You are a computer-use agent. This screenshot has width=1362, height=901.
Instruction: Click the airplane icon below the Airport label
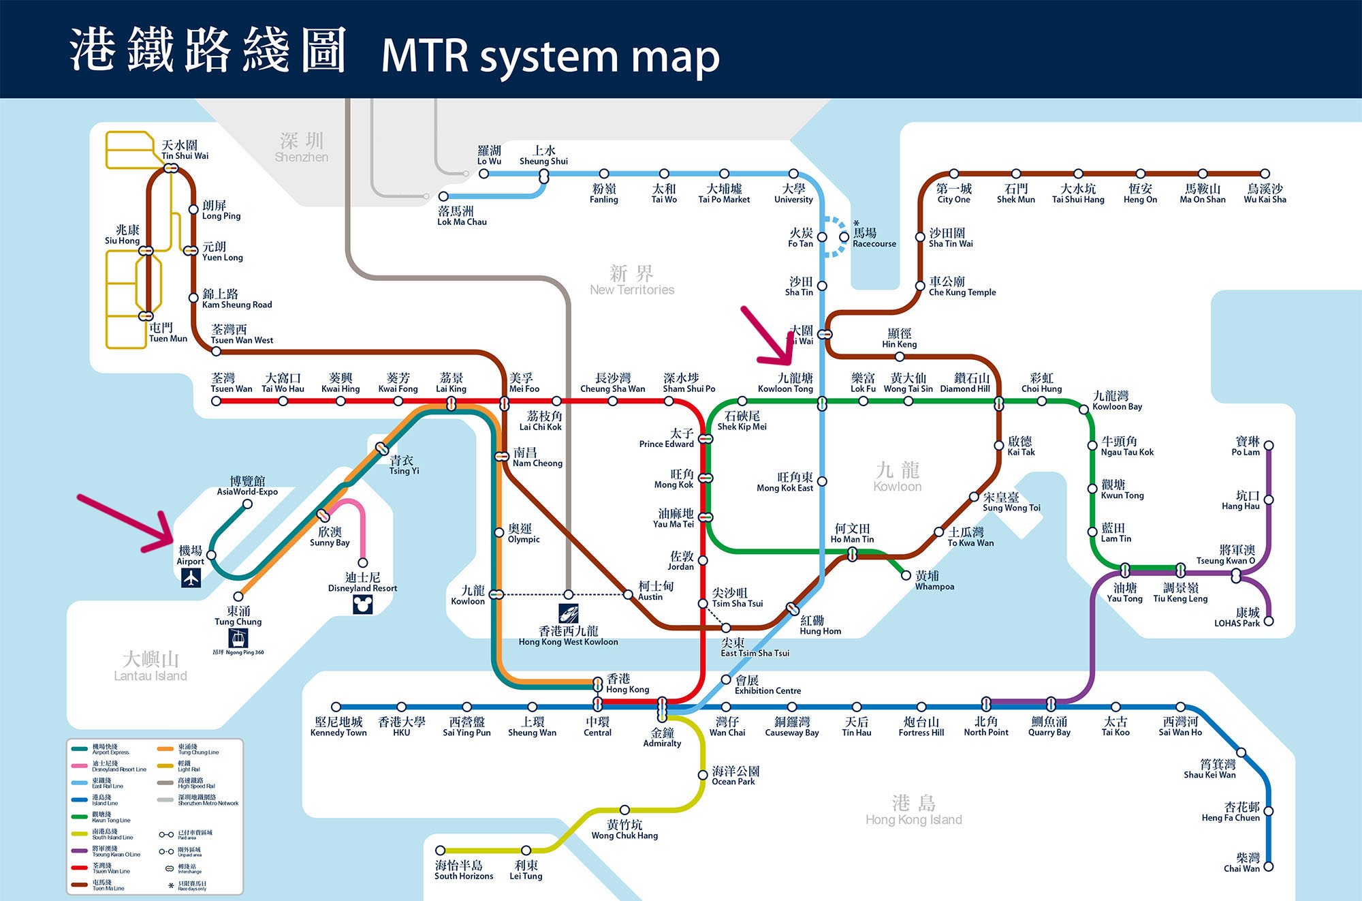pos(191,578)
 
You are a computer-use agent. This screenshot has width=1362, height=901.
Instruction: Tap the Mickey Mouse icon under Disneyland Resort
pos(362,605)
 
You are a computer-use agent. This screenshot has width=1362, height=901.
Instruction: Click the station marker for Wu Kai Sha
pos(1265,174)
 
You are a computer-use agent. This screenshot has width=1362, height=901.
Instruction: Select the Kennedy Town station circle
pos(336,707)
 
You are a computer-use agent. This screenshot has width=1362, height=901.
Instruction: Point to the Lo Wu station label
pos(489,156)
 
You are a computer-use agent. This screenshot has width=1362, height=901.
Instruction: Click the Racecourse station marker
pos(844,236)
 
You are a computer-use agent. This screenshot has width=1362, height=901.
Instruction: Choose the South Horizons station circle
pos(441,850)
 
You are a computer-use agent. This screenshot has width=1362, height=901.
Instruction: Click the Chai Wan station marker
pos(1268,867)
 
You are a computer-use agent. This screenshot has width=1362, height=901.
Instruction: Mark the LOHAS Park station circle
pos(1269,621)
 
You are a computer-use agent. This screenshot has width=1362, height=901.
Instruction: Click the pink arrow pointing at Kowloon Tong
pos(769,338)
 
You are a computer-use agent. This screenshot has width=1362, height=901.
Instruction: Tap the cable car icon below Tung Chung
pos(238,639)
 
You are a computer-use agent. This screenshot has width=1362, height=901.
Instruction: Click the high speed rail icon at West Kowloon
pos(569,613)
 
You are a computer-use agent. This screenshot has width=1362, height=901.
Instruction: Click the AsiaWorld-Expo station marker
pos(248,504)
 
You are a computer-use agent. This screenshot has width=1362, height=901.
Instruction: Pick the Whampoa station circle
pos(906,576)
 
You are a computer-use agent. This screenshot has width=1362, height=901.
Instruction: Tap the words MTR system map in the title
pos(550,57)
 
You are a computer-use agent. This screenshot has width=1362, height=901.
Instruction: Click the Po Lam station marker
pos(1269,445)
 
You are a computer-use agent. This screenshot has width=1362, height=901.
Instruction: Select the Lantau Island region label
pos(151,666)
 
